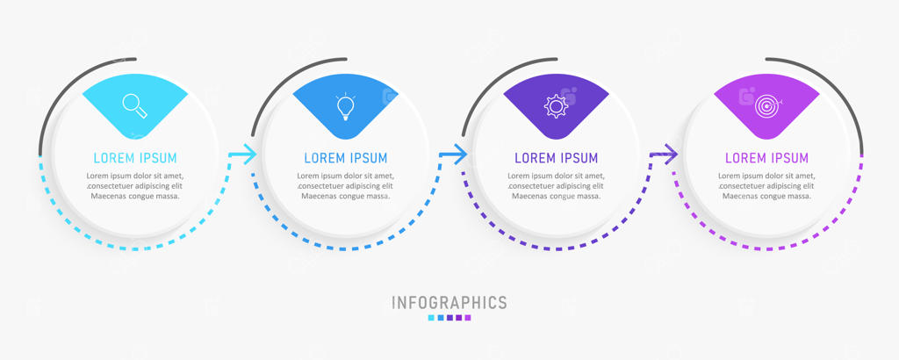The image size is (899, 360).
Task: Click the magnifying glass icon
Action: tap(135, 106)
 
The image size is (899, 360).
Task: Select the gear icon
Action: tap(556, 106)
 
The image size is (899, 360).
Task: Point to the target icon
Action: tap(767, 106)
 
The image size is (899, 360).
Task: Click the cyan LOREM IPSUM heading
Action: tap(135, 158)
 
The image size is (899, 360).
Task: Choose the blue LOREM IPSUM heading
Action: tap(346, 158)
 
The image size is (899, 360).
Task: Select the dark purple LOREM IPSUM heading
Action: tap(556, 158)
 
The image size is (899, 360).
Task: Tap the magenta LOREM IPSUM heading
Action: tap(766, 158)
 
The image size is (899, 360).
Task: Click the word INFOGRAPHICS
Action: tap(449, 303)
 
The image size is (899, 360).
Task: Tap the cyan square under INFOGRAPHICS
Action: tap(431, 318)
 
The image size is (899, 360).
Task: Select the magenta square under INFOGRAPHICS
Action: tap(468, 318)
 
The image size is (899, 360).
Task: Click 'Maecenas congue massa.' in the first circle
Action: tap(135, 196)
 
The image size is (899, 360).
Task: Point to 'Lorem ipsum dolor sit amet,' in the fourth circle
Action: tap(766, 176)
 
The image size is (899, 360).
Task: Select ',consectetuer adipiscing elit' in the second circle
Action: tap(346, 186)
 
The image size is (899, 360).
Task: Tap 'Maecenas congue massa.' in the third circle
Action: tap(556, 196)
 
